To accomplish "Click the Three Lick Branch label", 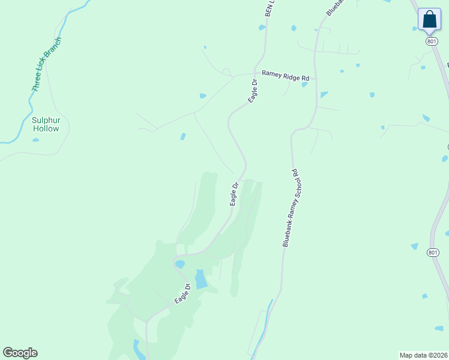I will [x=46, y=65].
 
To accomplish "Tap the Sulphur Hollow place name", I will [x=46, y=124].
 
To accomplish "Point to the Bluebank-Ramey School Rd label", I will [x=291, y=208].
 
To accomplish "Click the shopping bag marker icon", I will [x=429, y=19].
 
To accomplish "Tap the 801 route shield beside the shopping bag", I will [x=432, y=41].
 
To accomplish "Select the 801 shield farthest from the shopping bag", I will [x=432, y=253].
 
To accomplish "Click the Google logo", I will [x=20, y=353].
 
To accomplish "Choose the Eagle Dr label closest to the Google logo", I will [x=182, y=293].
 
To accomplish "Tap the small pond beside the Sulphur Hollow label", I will [x=36, y=140].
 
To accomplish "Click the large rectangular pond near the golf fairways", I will [x=200, y=279].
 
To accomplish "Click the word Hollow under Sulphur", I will [x=46, y=128].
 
